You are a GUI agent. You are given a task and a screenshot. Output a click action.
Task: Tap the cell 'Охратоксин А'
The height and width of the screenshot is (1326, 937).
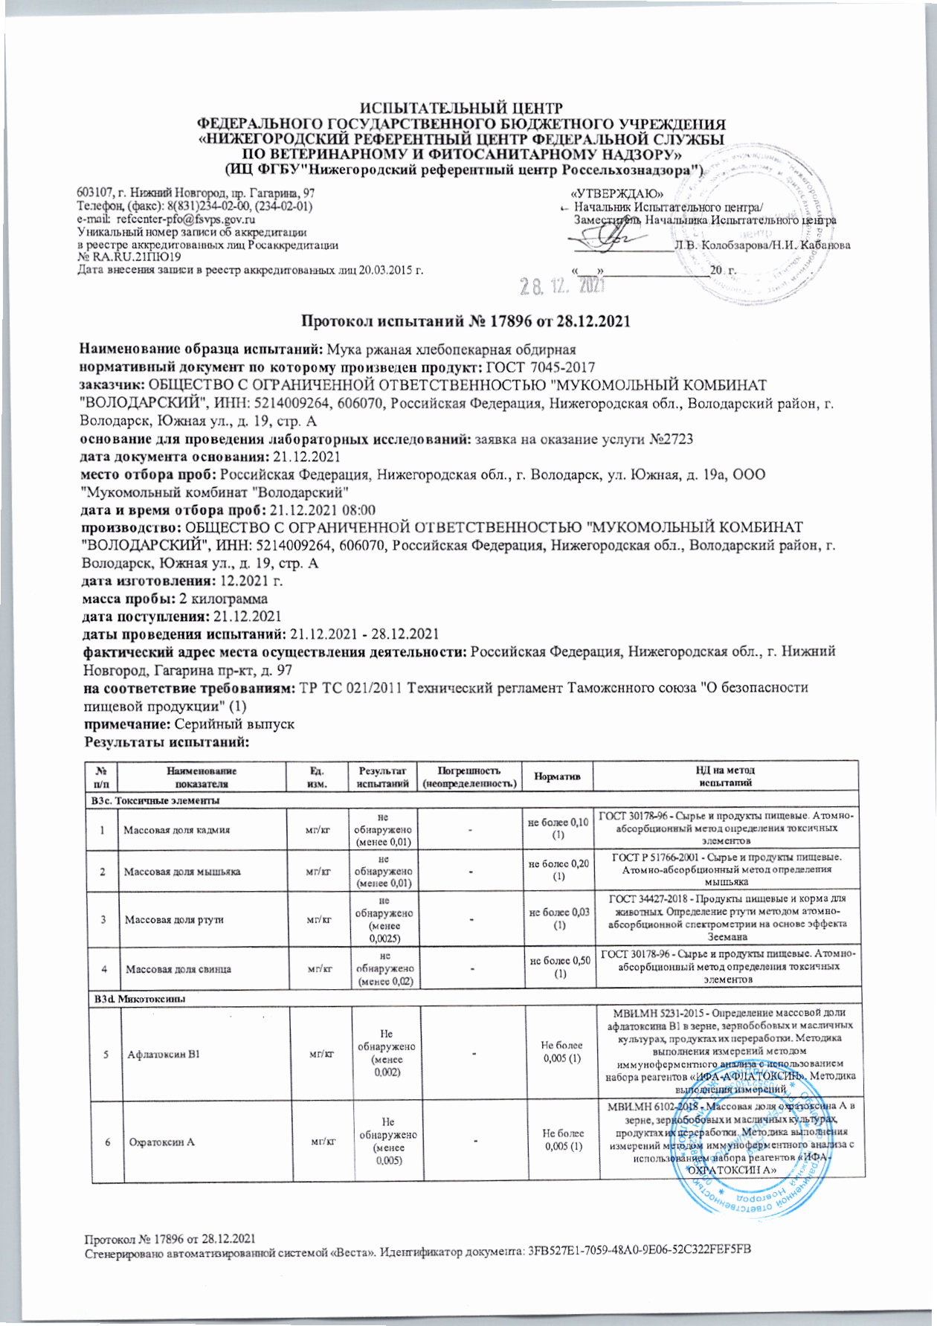[x=159, y=1142]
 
